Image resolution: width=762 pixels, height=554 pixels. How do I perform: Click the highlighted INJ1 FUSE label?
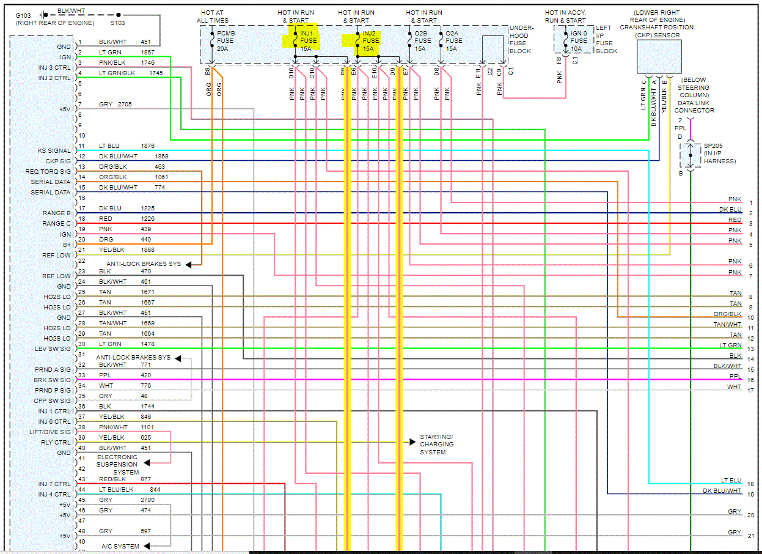coord(306,40)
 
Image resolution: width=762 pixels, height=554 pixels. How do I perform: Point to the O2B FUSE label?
coord(422,40)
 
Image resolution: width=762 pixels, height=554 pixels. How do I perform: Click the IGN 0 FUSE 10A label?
coord(579,40)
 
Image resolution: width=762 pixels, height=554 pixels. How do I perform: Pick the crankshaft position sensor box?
coord(659,57)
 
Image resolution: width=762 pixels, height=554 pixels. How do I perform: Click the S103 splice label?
coord(118,23)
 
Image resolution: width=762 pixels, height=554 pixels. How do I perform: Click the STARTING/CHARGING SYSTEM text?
coord(436,445)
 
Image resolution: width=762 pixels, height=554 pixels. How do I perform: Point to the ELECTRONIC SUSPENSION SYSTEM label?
coord(117,464)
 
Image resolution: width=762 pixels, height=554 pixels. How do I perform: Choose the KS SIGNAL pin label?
coord(54,150)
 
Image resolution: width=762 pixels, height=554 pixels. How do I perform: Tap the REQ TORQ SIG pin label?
coord(48,171)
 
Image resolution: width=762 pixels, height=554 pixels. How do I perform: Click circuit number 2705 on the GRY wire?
coord(125,105)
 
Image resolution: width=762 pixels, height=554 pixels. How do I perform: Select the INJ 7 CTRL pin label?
coord(54,484)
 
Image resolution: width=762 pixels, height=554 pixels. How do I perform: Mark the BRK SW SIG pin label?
coord(52,380)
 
